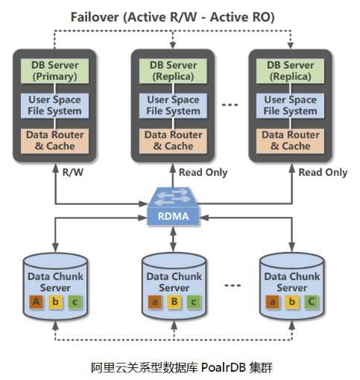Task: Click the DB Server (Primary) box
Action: (x=54, y=71)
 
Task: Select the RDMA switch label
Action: (x=173, y=216)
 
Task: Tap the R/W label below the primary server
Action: (x=72, y=172)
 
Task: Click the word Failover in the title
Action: (x=95, y=17)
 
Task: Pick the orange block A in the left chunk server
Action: (x=37, y=302)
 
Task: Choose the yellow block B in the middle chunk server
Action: (x=174, y=302)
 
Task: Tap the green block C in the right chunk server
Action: (x=311, y=302)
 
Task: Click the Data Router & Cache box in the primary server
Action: (x=54, y=141)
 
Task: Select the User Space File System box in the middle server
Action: (x=173, y=106)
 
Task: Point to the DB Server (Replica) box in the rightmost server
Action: (x=290, y=71)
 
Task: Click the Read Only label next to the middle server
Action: (x=203, y=172)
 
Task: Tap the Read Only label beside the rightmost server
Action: (x=323, y=172)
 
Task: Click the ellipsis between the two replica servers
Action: (x=230, y=105)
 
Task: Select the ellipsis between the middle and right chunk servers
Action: (x=233, y=285)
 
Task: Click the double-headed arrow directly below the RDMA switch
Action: (x=173, y=239)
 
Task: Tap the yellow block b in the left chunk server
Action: (x=55, y=302)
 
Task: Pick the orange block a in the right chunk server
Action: (x=273, y=302)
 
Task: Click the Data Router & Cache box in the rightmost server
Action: (x=290, y=141)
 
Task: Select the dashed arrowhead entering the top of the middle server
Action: (x=173, y=45)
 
